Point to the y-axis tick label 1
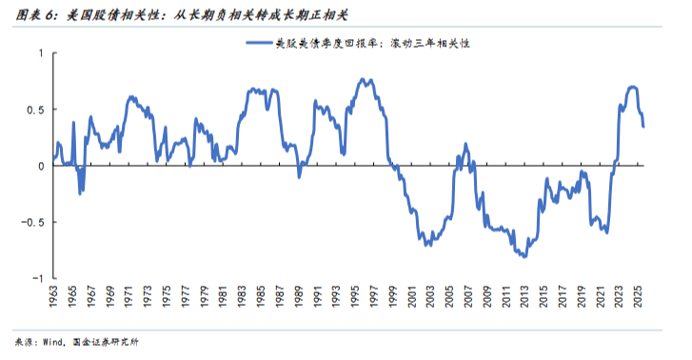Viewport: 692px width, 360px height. [40, 53]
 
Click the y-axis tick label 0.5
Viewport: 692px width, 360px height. [35, 110]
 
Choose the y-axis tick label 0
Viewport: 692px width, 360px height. [40, 166]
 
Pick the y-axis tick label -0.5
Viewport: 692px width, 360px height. [33, 222]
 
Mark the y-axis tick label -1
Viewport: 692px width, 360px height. [38, 278]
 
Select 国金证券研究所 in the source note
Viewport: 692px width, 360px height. [110, 342]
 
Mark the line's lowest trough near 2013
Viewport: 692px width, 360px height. [524, 257]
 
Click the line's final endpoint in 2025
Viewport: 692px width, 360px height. [643, 127]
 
